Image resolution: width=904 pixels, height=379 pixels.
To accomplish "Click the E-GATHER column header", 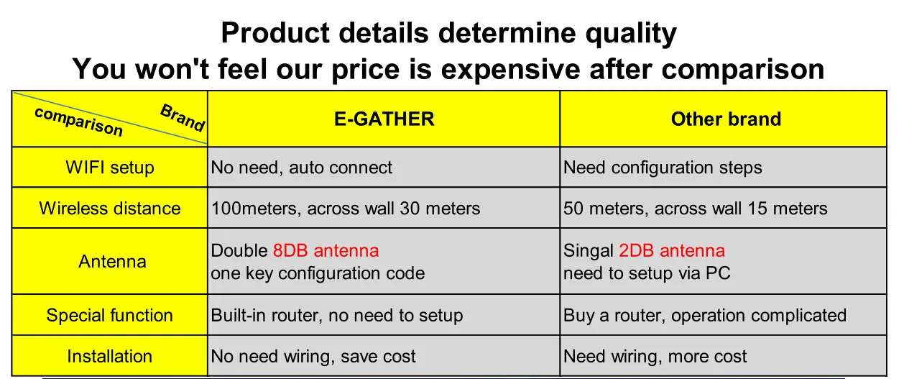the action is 384,119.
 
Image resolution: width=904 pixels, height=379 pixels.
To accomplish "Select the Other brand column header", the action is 726,119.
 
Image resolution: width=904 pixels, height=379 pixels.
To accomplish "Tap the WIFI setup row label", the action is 110,168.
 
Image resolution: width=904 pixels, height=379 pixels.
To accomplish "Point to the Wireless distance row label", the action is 110,209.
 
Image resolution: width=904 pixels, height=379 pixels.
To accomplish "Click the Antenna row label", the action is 112,262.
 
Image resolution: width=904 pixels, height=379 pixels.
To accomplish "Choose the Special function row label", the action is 109,315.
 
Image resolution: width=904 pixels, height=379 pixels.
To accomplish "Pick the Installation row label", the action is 109,357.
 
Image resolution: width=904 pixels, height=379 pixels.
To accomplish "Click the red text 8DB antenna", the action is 326,250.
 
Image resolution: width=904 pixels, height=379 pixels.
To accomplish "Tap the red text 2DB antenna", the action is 672,250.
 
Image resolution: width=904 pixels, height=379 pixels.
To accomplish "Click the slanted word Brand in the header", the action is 183,118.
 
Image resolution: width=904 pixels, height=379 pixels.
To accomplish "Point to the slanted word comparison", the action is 79,122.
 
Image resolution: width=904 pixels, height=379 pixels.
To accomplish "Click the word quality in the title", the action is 631,33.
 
